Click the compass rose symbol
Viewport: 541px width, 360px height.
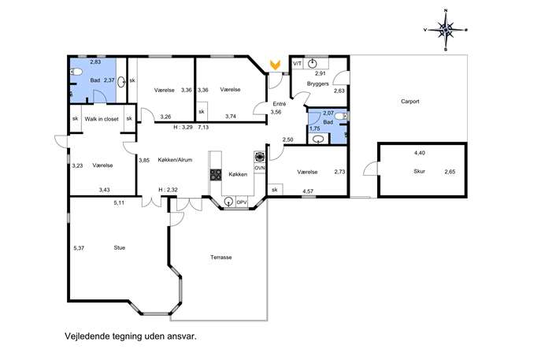(x=446, y=31)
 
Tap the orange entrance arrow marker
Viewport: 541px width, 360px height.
(x=275, y=64)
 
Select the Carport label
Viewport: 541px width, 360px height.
(x=410, y=102)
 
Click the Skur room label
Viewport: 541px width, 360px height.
(x=419, y=171)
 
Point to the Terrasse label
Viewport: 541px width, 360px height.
(x=220, y=257)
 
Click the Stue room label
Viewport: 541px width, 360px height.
(x=120, y=247)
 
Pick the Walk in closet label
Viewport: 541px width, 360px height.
(x=102, y=119)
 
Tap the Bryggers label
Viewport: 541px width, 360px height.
(x=318, y=84)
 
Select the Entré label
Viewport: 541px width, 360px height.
(x=279, y=104)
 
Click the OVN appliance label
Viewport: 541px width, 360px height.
(x=259, y=168)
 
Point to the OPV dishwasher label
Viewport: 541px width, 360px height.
(x=242, y=202)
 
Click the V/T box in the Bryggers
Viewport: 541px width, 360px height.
(x=297, y=64)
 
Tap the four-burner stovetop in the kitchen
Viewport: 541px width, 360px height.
(x=216, y=175)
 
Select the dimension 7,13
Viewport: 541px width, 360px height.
(x=203, y=127)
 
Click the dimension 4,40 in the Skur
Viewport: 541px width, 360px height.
(x=420, y=153)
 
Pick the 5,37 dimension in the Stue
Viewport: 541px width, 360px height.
(x=79, y=248)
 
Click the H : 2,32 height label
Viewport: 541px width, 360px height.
(x=168, y=190)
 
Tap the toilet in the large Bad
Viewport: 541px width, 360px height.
(x=76, y=72)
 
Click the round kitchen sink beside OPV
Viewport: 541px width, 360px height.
(x=228, y=202)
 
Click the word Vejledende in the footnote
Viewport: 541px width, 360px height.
(x=87, y=336)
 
